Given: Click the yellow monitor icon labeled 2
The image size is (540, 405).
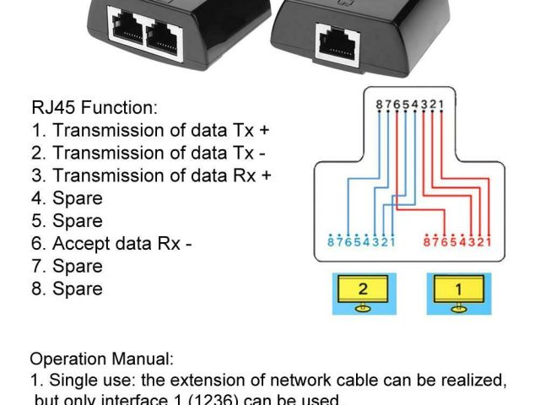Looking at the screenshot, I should tap(363, 292).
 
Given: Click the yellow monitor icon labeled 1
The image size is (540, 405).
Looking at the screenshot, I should tap(459, 292).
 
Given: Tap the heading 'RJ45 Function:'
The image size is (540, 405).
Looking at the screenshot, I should tap(94, 108).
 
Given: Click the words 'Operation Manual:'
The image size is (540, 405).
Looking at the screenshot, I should tap(101, 359).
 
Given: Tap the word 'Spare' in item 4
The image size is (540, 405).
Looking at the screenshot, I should tap(78, 199).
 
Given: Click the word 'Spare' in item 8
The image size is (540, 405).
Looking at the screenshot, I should tap(78, 289).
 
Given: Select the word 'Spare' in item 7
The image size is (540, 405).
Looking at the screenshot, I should tap(78, 267).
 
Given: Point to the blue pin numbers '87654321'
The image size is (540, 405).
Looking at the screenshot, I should tap(360, 244).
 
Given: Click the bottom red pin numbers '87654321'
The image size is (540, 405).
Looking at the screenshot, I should tap(456, 244).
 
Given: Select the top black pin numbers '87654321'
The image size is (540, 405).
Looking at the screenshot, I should tap(410, 104).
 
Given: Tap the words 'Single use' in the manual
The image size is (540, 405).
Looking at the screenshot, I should tap(90, 381).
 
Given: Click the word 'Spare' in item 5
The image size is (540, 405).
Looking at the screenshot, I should tap(78, 221).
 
